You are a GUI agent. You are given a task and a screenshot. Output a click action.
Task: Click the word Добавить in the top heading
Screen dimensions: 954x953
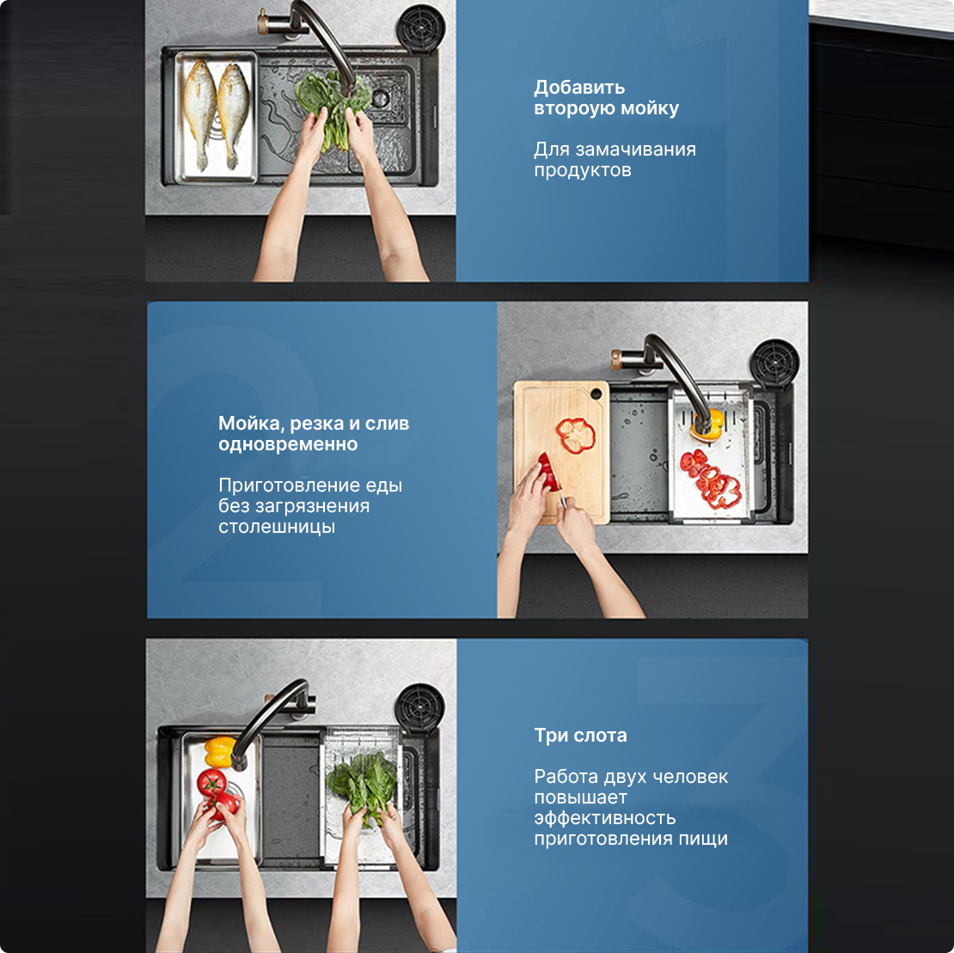(579, 88)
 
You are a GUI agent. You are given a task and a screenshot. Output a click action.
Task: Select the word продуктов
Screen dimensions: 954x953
(582, 170)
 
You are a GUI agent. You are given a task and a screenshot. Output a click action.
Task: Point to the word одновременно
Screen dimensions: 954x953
(288, 444)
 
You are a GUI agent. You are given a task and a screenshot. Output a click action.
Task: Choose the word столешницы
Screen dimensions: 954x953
(277, 528)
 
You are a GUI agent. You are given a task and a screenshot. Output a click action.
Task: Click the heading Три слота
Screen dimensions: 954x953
(580, 736)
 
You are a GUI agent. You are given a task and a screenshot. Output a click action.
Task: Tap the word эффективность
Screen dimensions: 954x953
(605, 819)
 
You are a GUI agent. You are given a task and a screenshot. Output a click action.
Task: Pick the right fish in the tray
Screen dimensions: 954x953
(233, 114)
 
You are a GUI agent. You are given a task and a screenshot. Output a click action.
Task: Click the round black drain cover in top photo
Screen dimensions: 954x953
(420, 27)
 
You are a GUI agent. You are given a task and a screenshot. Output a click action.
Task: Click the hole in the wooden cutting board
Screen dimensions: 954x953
(596, 394)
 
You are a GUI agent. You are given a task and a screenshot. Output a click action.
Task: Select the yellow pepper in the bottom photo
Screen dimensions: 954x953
(220, 751)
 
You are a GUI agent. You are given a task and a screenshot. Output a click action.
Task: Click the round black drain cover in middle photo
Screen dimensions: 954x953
(774, 363)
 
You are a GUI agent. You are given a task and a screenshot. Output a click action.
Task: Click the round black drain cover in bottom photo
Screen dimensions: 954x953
(419, 707)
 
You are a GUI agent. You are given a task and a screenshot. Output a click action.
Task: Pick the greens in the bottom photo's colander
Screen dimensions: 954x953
(363, 785)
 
